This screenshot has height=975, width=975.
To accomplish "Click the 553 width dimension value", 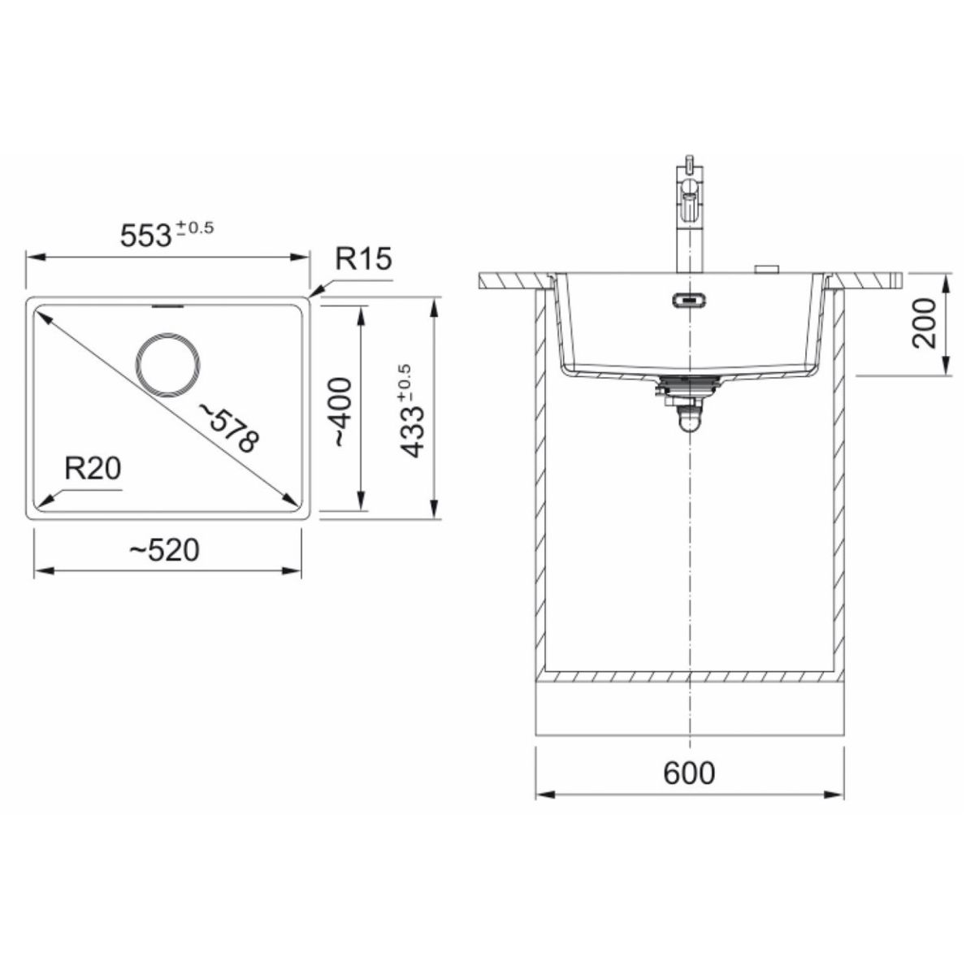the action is (146, 236).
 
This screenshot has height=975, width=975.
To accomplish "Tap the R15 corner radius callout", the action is (363, 258).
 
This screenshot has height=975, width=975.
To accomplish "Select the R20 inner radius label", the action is (93, 468).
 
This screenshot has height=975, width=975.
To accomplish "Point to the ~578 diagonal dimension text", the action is (228, 427).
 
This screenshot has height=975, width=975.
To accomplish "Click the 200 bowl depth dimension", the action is (923, 323).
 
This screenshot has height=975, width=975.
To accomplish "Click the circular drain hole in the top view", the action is (167, 366).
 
